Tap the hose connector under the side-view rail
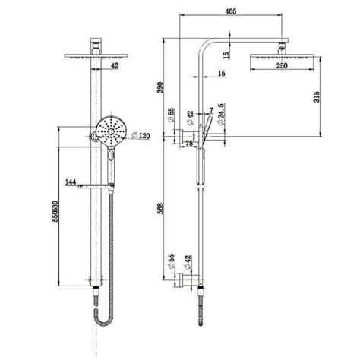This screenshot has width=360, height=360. coord(201,292)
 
